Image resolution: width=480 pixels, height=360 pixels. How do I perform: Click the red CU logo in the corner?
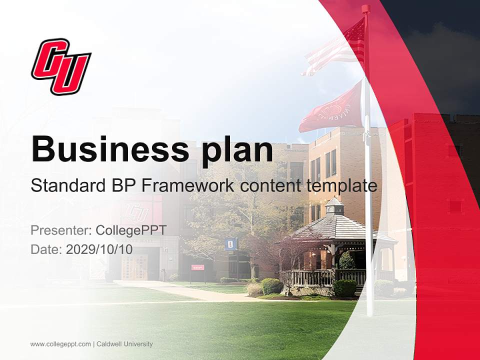pyautogui.click(x=61, y=66)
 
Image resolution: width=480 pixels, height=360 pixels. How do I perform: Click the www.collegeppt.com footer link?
pyautogui.click(x=60, y=344)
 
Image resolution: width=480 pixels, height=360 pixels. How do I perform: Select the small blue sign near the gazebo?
pyautogui.click(x=230, y=244)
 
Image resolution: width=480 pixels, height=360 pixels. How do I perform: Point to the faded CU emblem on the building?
pyautogui.click(x=136, y=212)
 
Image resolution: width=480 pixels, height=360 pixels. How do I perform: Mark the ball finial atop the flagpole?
pyautogui.click(x=365, y=8)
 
